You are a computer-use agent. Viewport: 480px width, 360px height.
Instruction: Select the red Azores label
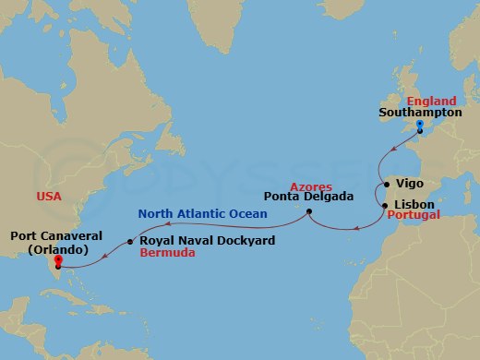[311, 186]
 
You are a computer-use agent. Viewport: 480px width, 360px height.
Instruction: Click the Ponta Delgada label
[304, 197]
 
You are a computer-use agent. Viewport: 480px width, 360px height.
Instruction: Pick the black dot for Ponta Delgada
[308, 212]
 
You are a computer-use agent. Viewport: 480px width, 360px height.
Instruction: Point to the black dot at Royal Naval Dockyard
[130, 242]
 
